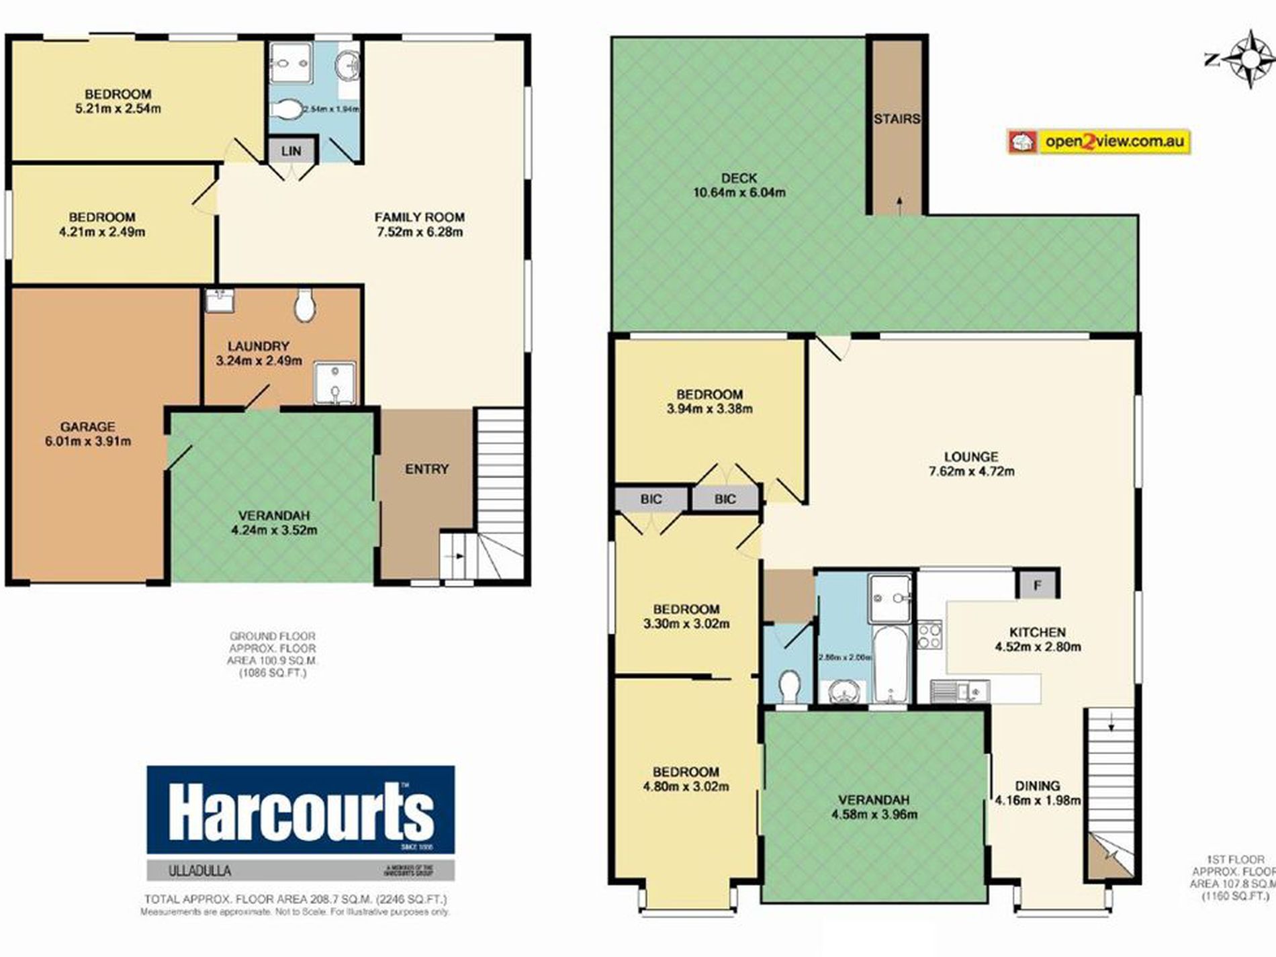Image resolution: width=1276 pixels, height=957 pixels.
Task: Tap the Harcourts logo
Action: (300, 811)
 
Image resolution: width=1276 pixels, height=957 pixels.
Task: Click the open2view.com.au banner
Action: (1099, 142)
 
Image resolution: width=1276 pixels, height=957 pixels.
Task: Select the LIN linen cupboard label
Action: (291, 151)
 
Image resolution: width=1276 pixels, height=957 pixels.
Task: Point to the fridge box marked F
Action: (1037, 586)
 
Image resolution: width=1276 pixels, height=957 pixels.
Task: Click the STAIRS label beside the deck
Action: (897, 120)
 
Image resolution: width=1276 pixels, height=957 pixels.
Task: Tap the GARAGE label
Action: (87, 426)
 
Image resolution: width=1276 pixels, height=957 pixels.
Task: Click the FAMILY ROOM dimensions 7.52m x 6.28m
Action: (419, 232)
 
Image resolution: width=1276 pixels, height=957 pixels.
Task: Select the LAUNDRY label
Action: (259, 346)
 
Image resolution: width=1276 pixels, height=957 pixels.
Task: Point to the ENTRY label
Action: (426, 469)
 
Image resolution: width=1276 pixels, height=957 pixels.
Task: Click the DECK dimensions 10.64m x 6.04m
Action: (739, 193)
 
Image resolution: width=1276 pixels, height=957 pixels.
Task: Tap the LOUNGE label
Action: (971, 457)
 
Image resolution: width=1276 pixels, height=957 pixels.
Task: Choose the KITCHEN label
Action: (1038, 632)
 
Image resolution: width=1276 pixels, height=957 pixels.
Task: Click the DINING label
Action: (1038, 785)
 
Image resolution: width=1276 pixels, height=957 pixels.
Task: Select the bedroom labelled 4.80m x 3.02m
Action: (686, 779)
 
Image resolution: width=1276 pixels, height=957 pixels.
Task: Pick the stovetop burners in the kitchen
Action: (929, 635)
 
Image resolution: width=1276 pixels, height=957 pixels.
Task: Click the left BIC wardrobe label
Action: (651, 499)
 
